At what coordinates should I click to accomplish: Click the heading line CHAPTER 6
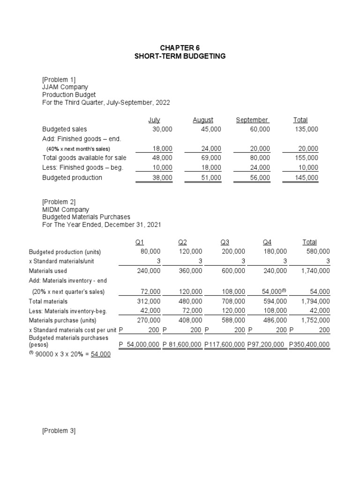(180, 47)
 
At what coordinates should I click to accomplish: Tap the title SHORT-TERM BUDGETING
(180, 56)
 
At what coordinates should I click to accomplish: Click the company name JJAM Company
(65, 87)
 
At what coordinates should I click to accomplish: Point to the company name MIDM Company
(66, 210)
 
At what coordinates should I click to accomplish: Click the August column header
(203, 120)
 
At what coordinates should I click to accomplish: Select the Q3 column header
(225, 242)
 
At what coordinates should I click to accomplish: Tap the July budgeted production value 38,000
(163, 178)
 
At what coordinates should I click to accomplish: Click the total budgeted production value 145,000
(307, 178)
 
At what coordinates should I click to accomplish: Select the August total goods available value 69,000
(211, 158)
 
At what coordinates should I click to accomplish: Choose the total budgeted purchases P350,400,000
(309, 345)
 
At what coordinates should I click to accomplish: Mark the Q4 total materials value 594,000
(275, 301)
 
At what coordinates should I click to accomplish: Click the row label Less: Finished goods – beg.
(82, 167)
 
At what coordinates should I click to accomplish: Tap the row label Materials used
(48, 271)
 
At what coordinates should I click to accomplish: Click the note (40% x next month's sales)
(78, 149)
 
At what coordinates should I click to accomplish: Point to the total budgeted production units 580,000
(317, 251)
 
